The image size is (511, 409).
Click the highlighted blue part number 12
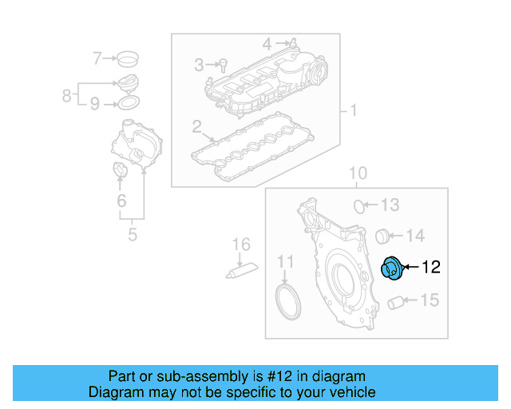tap(392, 269)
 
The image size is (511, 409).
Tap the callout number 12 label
tap(430, 268)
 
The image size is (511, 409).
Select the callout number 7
tap(97, 58)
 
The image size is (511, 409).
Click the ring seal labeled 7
tap(126, 58)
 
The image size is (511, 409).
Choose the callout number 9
tap(94, 103)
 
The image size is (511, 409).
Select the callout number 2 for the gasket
tap(196, 126)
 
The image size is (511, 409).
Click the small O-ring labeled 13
tap(360, 205)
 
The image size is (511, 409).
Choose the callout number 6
tap(121, 201)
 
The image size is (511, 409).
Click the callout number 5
tap(133, 235)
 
